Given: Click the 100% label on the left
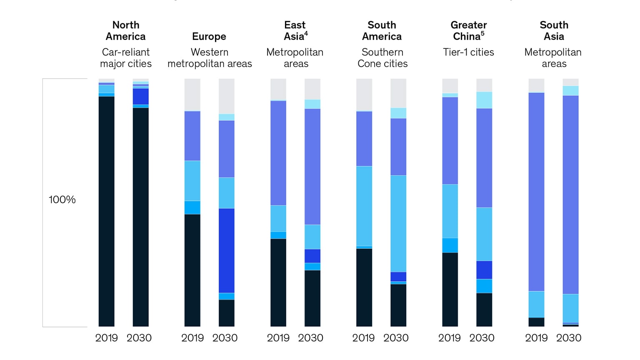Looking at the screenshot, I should tap(62, 200).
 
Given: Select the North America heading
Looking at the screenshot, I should tap(125, 31).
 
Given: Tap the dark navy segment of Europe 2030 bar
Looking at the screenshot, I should tap(226, 312).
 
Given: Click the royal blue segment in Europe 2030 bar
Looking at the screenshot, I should tap(226, 250).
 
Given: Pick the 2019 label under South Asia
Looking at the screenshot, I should tap(536, 338).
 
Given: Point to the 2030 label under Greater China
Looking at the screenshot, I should tap(482, 338).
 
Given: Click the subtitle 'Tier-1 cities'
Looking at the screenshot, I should tap(468, 52).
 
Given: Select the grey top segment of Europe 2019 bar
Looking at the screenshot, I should tap(192, 95).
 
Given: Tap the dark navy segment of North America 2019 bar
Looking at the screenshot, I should tap(106, 210).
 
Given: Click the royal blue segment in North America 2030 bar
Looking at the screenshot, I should tap(140, 96).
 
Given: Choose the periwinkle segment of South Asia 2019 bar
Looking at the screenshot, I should tap(536, 192).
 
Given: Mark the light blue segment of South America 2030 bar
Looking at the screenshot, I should tap(398, 223).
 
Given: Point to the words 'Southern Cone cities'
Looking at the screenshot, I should tap(382, 58).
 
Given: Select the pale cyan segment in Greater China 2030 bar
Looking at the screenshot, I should tap(484, 100).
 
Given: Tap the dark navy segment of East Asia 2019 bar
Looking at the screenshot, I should tap(278, 282).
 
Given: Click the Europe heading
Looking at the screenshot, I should tap(209, 37).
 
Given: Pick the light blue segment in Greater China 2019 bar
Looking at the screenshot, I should tap(450, 211).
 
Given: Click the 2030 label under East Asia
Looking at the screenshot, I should tap(310, 338).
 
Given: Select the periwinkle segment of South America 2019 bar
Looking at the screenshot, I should tap(364, 138).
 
